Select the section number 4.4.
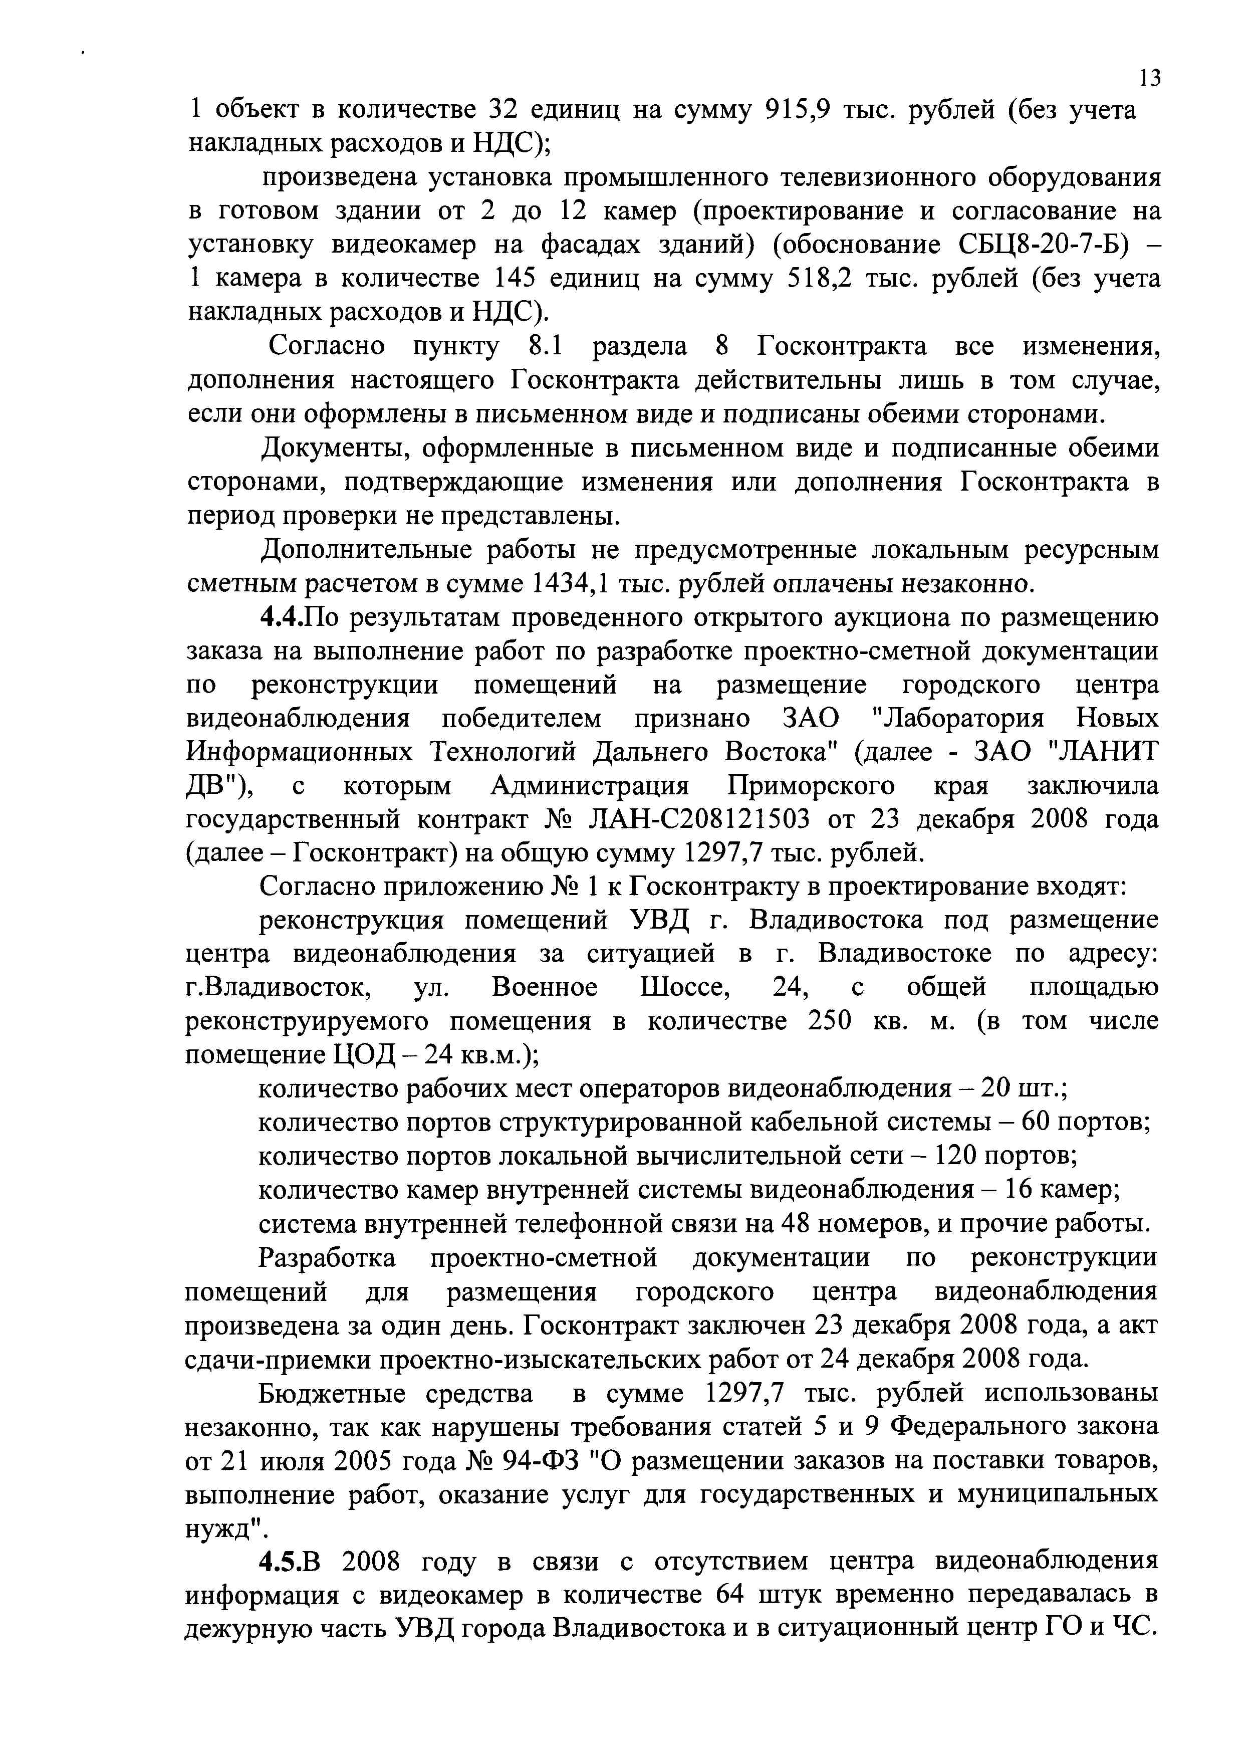click(282, 618)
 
